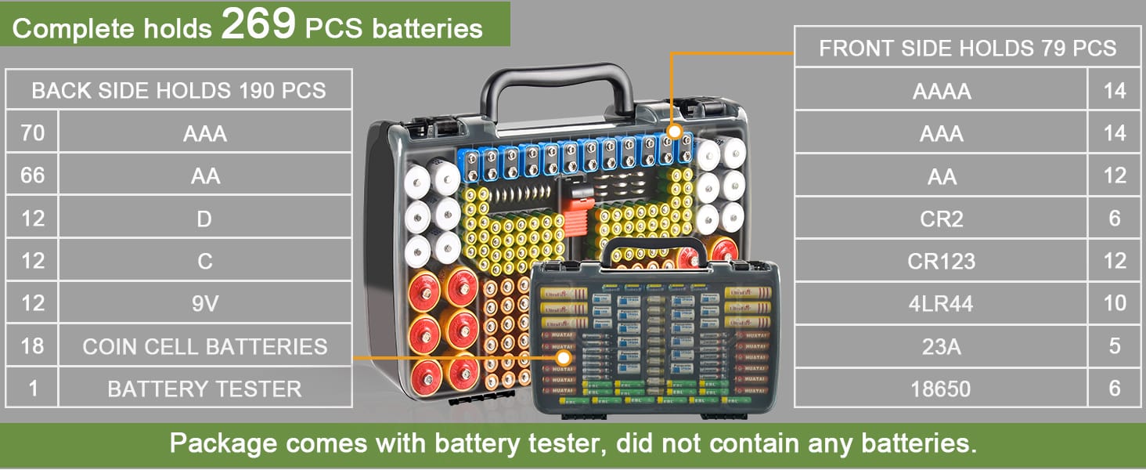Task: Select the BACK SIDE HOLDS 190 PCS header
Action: click(x=178, y=90)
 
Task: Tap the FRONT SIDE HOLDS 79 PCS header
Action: click(x=968, y=49)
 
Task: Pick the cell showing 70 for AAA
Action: click(x=32, y=133)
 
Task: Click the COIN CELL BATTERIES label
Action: click(x=205, y=347)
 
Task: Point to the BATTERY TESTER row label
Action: click(x=204, y=389)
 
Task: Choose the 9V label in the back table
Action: click(x=204, y=304)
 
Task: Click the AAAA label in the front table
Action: click(x=942, y=92)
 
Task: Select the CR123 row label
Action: click(x=942, y=261)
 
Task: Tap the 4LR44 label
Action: click(x=942, y=304)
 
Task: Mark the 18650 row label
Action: click(x=942, y=389)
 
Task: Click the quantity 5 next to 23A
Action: click(x=1115, y=346)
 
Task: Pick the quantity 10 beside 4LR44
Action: click(x=1115, y=304)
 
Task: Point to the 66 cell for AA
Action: click(x=32, y=176)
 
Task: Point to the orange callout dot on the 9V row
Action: click(x=675, y=132)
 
